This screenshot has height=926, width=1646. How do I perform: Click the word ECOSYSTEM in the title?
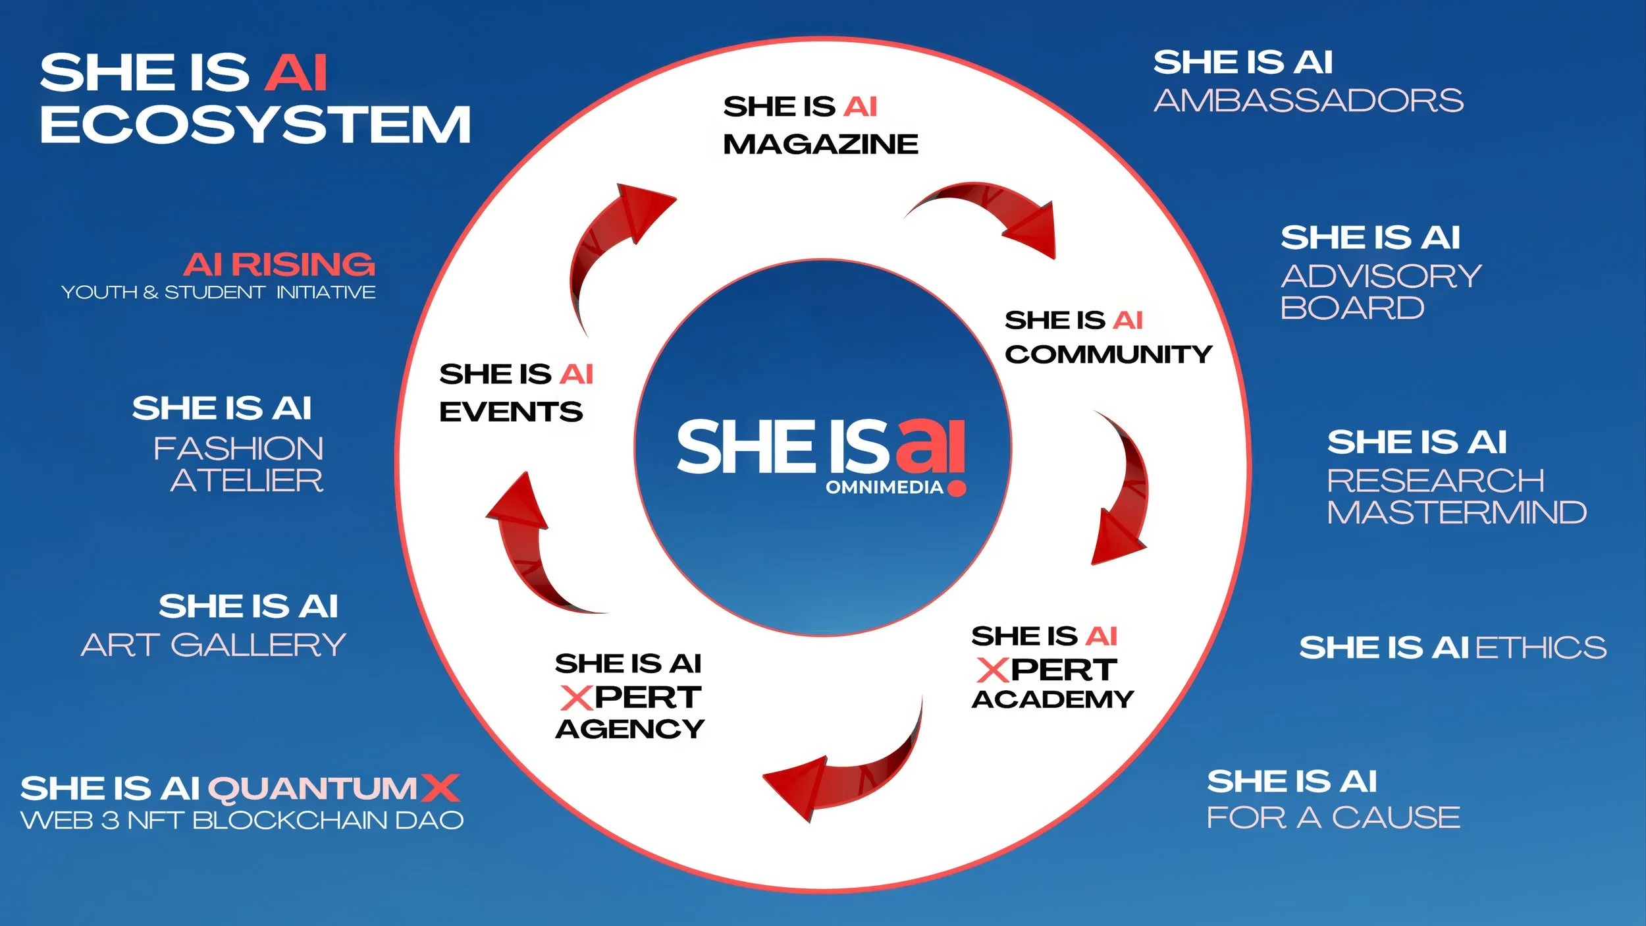click(255, 125)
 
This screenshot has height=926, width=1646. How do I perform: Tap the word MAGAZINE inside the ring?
click(820, 144)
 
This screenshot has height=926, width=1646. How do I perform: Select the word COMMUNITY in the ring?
click(1108, 354)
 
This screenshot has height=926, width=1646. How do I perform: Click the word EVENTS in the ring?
click(511, 412)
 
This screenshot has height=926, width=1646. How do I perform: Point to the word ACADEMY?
click(1052, 699)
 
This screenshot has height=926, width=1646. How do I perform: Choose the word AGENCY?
click(629, 729)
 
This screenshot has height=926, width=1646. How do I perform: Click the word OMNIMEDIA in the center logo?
click(884, 487)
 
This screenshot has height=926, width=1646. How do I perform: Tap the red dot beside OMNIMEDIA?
click(957, 488)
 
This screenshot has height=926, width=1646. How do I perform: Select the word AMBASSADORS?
click(1308, 101)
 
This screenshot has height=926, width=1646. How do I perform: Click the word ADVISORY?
click(1381, 276)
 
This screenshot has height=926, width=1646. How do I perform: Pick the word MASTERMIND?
click(1456, 512)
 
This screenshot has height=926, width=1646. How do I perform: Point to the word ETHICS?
click(1541, 647)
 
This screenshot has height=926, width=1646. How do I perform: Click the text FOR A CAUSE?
click(1333, 818)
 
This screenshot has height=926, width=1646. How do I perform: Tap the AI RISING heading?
click(279, 265)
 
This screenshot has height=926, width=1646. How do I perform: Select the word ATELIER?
click(247, 480)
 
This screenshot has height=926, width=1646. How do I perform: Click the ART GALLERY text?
click(213, 645)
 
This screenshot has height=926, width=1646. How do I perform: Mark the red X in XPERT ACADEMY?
click(993, 670)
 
